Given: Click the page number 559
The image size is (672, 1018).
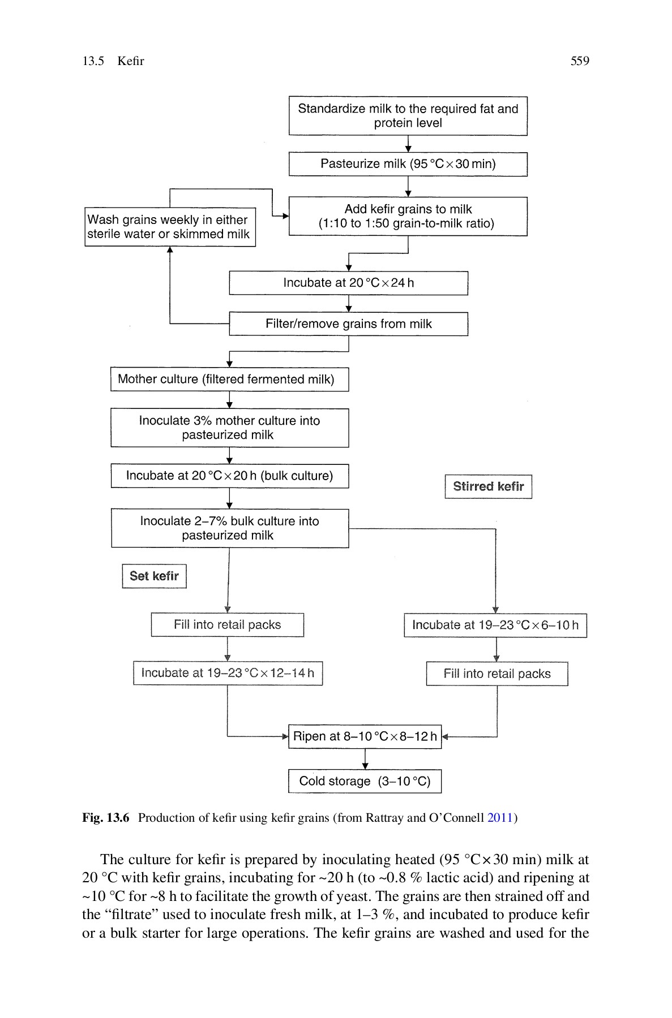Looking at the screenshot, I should pos(579,61).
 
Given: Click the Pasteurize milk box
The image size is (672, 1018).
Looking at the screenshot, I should pos(408,164).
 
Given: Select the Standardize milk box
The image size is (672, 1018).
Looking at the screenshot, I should pos(408,116).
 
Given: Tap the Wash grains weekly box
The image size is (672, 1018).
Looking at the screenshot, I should pos(170,227).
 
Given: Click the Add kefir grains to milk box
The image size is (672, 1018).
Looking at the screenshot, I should pos(408,216).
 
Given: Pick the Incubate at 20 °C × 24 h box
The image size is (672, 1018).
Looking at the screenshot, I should pos(348,283).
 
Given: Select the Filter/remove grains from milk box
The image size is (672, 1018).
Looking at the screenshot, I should pos(348,324).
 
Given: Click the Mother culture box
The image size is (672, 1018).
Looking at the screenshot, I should pos(229,379).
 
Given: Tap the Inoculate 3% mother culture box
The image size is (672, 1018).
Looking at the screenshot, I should pos(229,428).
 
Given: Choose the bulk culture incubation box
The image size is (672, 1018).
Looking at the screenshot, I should pos(229,476).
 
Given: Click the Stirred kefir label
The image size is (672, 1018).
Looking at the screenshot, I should pos(488,486).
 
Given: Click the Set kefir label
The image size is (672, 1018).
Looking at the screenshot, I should pos(154,576).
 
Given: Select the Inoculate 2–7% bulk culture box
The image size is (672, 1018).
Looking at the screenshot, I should pos(229,528).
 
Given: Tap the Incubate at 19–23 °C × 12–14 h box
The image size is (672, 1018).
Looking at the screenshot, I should pos(228,673).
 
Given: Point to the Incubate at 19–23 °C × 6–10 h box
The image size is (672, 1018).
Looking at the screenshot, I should pos(495,625).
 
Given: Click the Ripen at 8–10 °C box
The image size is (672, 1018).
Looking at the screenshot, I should pos(365,736).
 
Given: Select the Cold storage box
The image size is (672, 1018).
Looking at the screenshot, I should pos(365,781).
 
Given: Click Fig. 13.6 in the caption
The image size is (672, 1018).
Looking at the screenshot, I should pos(106,818).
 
